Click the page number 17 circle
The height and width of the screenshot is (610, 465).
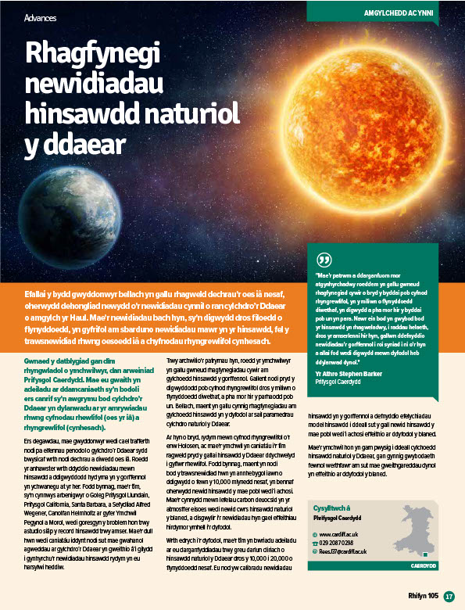[x=449, y=596]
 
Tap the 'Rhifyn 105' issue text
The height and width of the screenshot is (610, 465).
[x=423, y=596]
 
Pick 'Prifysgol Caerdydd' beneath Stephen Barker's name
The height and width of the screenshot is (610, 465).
[x=339, y=383]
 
